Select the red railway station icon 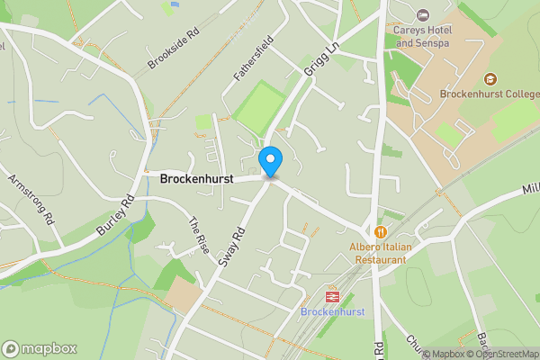pos(332,295)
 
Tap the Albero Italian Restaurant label pos(379,252)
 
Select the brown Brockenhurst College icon pos(490,78)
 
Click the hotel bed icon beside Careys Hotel pos(423,15)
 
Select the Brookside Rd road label pos(173,50)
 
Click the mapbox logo pos(40,348)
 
